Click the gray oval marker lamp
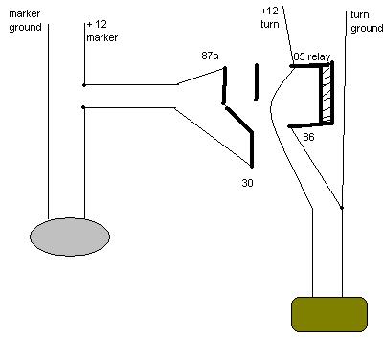(x=70, y=236)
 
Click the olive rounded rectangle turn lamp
(x=329, y=314)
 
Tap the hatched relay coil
(x=327, y=94)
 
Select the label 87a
(x=210, y=56)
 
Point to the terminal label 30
(x=247, y=183)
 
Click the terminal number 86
(x=308, y=137)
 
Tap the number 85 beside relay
(x=300, y=56)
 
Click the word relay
(x=319, y=56)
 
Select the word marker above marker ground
(x=25, y=13)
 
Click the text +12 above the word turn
(x=270, y=11)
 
